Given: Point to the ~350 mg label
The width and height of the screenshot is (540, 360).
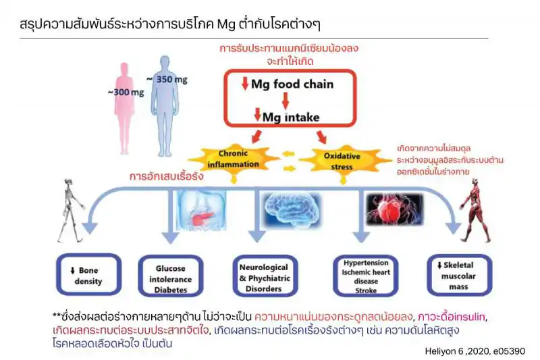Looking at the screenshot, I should [173, 79].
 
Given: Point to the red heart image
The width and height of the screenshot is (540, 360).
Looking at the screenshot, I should [391, 209].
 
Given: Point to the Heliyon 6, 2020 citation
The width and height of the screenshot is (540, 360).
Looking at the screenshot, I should [475, 351].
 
